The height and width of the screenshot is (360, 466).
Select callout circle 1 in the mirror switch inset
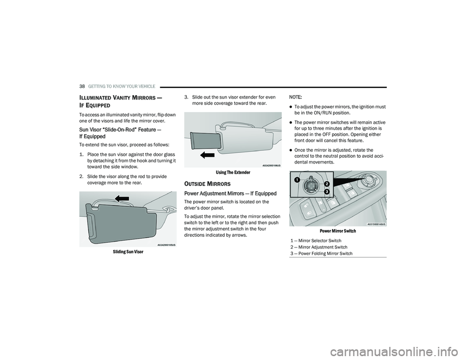tap(296, 180)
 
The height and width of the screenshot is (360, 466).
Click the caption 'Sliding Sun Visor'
tap(128, 252)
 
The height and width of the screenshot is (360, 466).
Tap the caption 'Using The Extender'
tap(233, 172)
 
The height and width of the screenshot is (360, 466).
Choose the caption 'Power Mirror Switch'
tap(338, 231)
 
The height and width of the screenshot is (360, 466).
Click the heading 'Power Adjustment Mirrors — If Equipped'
tap(230, 194)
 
